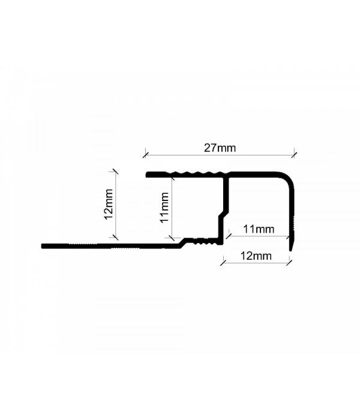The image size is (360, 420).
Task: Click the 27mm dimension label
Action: click(x=220, y=148)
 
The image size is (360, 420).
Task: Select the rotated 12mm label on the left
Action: click(x=109, y=204)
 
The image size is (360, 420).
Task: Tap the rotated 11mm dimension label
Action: click(x=164, y=208)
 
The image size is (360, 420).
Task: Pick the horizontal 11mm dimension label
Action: click(x=259, y=229)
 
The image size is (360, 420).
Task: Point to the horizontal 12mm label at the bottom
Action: click(x=256, y=256)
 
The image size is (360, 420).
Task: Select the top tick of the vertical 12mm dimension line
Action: click(x=115, y=172)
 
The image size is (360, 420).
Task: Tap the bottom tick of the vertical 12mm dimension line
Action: click(x=115, y=237)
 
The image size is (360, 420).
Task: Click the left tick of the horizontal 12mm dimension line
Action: click(x=223, y=263)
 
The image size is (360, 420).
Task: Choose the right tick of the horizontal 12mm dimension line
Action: click(x=289, y=263)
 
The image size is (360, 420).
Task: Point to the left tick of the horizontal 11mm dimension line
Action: click(x=229, y=236)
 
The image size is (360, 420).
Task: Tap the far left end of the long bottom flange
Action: click(x=43, y=246)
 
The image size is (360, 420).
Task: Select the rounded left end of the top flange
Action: click(x=148, y=175)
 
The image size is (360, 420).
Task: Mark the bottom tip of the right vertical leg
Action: click(x=290, y=250)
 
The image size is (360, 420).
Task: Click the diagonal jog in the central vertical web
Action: click(x=224, y=213)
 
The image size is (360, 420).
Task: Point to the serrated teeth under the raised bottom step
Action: click(x=205, y=242)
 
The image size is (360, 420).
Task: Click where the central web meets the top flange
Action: click(x=226, y=178)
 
